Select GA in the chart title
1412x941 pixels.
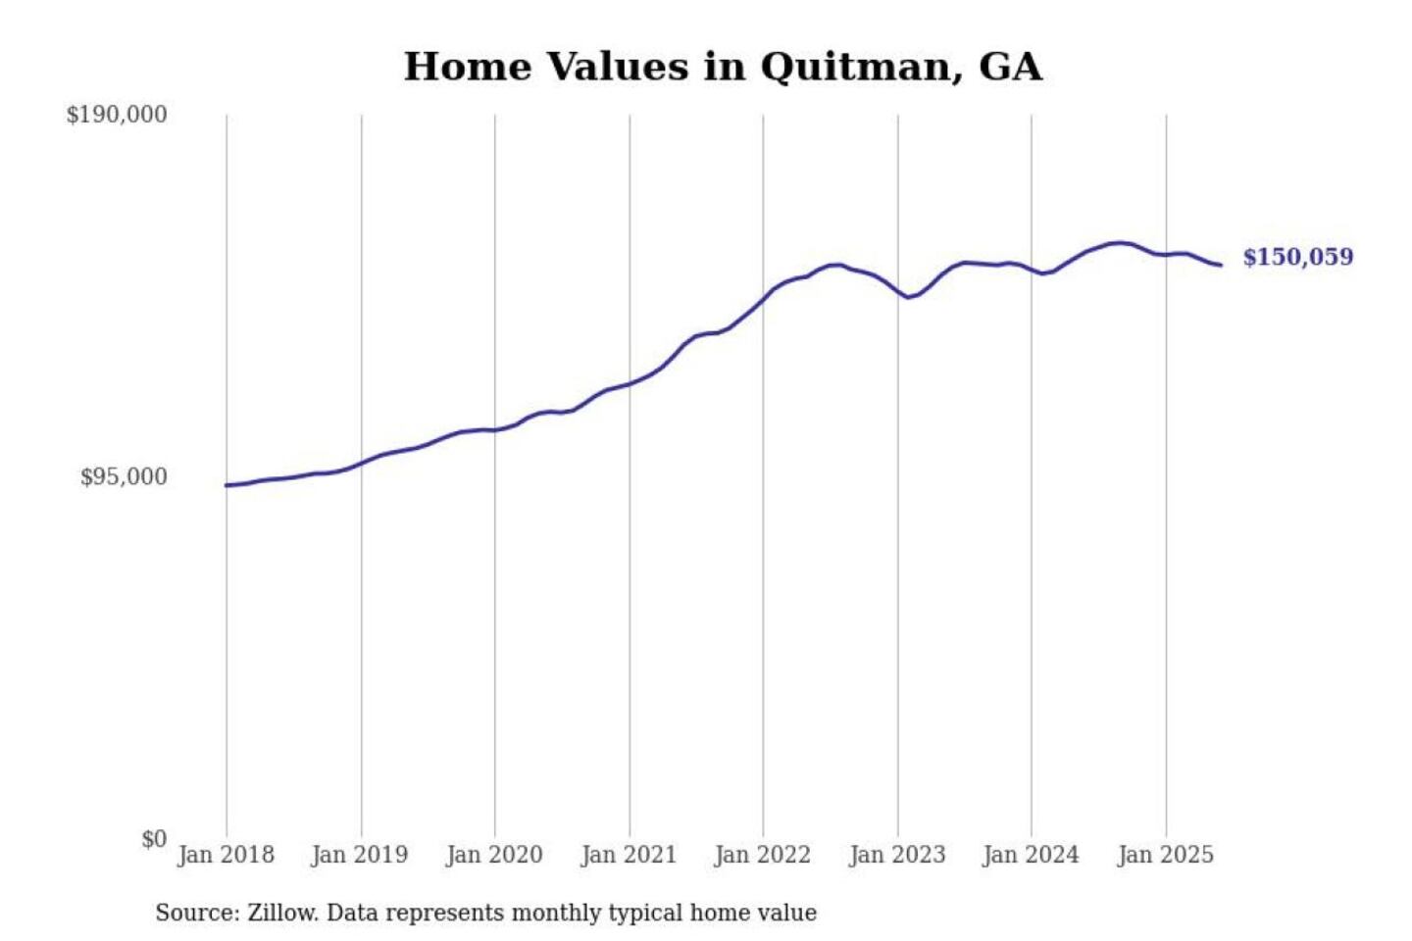pos(1010,68)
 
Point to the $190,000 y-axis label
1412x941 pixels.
pos(117,115)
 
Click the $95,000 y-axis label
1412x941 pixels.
pos(124,477)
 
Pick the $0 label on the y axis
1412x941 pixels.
pos(154,839)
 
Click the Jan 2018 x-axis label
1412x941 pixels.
pos(226,855)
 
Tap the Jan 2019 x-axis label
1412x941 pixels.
pos(360,855)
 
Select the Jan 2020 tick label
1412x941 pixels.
pos(494,855)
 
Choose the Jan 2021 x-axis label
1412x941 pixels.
pos(629,855)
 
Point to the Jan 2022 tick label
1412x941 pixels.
pos(763,855)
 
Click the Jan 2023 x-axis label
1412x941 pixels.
pos(897,855)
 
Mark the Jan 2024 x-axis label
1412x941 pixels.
pos(1031,855)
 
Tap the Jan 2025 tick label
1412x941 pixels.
pos(1166,855)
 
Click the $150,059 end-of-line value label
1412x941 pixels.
pos(1298,257)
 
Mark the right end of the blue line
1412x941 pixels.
pos(1221,265)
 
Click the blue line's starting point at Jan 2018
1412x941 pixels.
pos(227,485)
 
